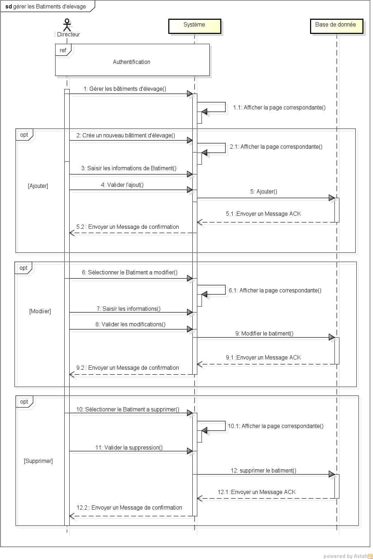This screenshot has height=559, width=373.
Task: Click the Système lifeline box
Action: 194,26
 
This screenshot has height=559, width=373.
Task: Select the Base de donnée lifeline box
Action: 336,26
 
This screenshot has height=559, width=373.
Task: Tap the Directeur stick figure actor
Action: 67,25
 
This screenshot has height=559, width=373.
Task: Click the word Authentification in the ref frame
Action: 132,62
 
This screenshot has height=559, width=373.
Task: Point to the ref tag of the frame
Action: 63,50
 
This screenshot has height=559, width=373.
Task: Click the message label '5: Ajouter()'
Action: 263,191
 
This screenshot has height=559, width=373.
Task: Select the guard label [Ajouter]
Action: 38,186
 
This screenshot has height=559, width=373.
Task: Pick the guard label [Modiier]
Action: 40,311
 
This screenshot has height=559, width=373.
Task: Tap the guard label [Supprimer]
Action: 38,461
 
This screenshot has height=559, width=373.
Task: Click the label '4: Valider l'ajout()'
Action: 122,185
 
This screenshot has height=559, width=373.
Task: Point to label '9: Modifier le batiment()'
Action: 264,333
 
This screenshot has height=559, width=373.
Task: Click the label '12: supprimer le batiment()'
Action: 263,470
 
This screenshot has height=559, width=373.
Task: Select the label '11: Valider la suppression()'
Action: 129,447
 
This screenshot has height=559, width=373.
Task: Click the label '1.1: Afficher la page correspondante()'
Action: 279,107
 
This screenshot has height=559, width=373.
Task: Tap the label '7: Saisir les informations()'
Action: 129,309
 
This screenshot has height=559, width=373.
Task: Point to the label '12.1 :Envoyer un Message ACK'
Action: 257,492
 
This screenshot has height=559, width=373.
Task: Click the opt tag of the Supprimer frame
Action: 24,402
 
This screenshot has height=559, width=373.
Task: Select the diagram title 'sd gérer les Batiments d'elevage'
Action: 46,6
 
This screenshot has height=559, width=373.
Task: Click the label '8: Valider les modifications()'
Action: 130,324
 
